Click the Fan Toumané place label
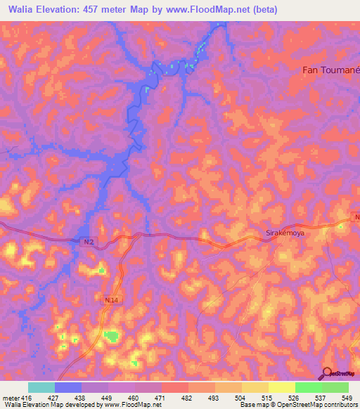330,70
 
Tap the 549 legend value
348,398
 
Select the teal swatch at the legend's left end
41,387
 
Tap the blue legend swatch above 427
68,387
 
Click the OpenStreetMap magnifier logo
328,372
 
